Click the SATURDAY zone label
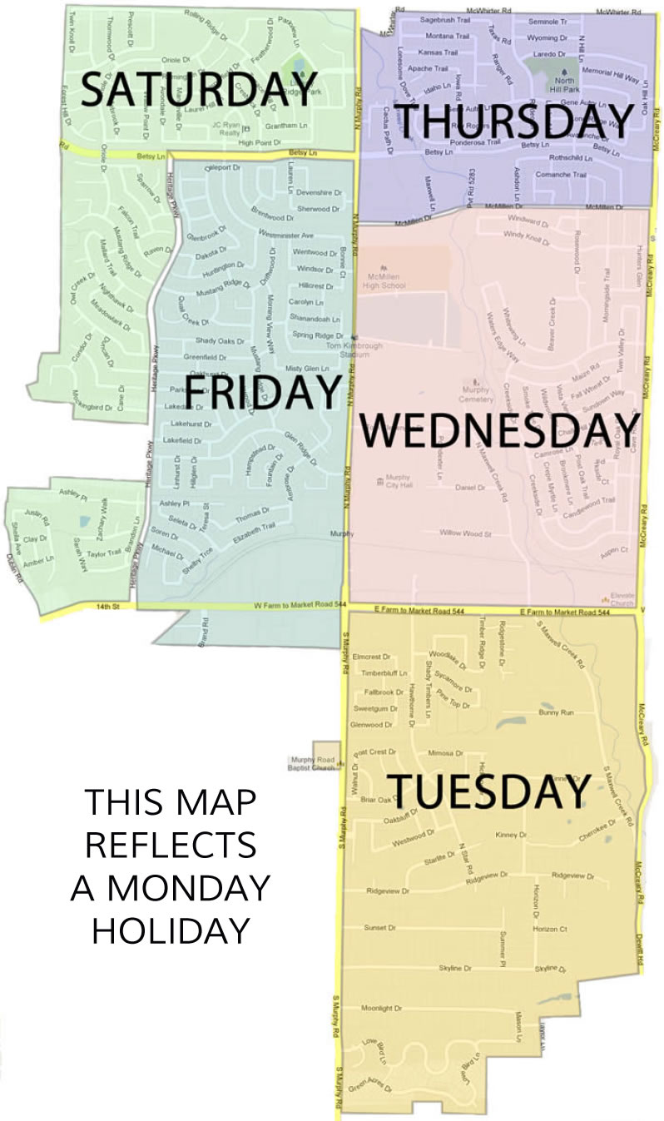199,88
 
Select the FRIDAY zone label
263,391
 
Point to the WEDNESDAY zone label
500,432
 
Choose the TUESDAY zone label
489,791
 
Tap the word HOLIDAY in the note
171,930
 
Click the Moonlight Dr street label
381,1009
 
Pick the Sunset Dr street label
379,927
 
